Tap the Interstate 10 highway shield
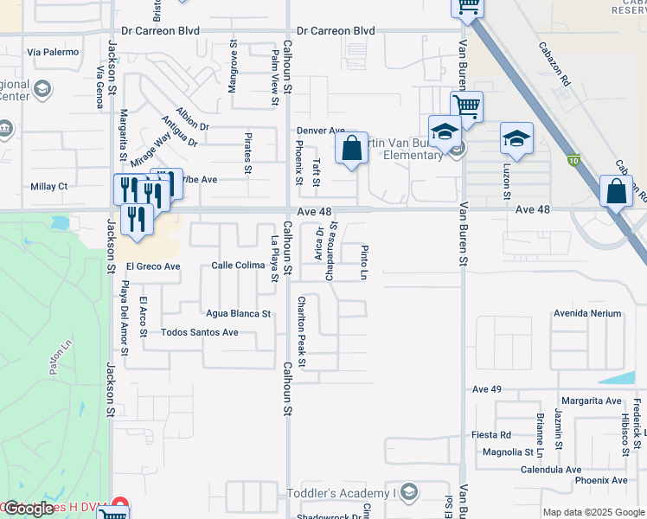click(573, 160)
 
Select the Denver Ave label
click(321, 131)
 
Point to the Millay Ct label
click(48, 186)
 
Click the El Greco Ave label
click(153, 266)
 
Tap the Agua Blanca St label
click(238, 313)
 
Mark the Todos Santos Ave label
click(200, 332)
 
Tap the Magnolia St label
click(508, 452)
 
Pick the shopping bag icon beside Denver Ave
click(351, 148)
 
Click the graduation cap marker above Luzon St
click(516, 138)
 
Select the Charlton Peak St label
click(302, 332)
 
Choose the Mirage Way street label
click(151, 149)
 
